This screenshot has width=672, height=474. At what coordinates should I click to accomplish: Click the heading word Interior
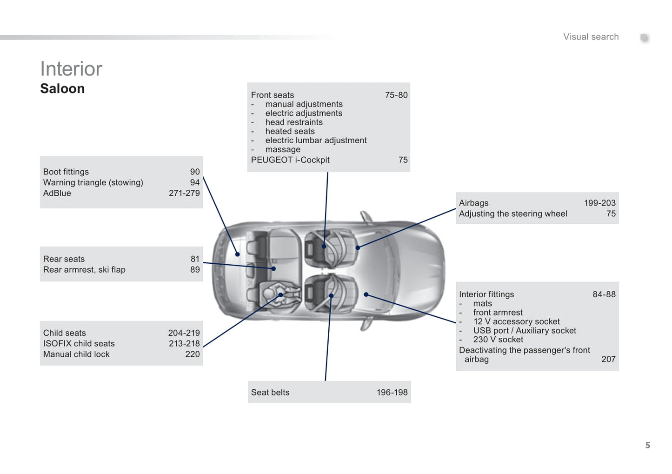(x=71, y=69)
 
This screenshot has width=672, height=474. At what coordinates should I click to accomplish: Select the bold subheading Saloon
(x=62, y=88)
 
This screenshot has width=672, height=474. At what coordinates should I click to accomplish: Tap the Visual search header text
(x=591, y=37)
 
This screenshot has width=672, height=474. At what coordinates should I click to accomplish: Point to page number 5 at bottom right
(x=647, y=445)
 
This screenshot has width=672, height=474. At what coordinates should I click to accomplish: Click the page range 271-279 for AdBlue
(x=184, y=193)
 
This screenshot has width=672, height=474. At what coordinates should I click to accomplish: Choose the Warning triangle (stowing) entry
(x=93, y=182)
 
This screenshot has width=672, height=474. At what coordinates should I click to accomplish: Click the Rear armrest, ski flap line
(x=84, y=270)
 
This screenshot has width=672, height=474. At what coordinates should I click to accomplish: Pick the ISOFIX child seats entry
(x=79, y=344)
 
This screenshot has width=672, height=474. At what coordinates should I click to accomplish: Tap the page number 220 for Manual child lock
(x=192, y=354)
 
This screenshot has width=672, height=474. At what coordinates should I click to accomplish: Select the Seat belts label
(x=270, y=393)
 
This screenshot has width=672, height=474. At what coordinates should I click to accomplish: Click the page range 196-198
(x=392, y=393)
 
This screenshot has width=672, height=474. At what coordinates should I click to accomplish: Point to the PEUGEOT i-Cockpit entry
(x=290, y=160)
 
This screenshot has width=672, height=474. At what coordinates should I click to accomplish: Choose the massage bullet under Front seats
(x=283, y=149)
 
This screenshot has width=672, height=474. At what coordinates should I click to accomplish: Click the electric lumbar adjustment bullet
(x=316, y=140)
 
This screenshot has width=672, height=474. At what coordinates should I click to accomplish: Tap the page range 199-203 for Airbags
(x=599, y=203)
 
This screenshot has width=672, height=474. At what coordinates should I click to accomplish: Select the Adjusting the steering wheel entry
(x=513, y=214)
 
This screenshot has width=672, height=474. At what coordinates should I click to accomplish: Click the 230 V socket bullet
(x=498, y=340)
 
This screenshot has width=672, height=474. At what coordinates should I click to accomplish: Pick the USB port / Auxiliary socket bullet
(x=525, y=331)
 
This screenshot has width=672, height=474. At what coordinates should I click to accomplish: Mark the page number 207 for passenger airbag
(x=608, y=359)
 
